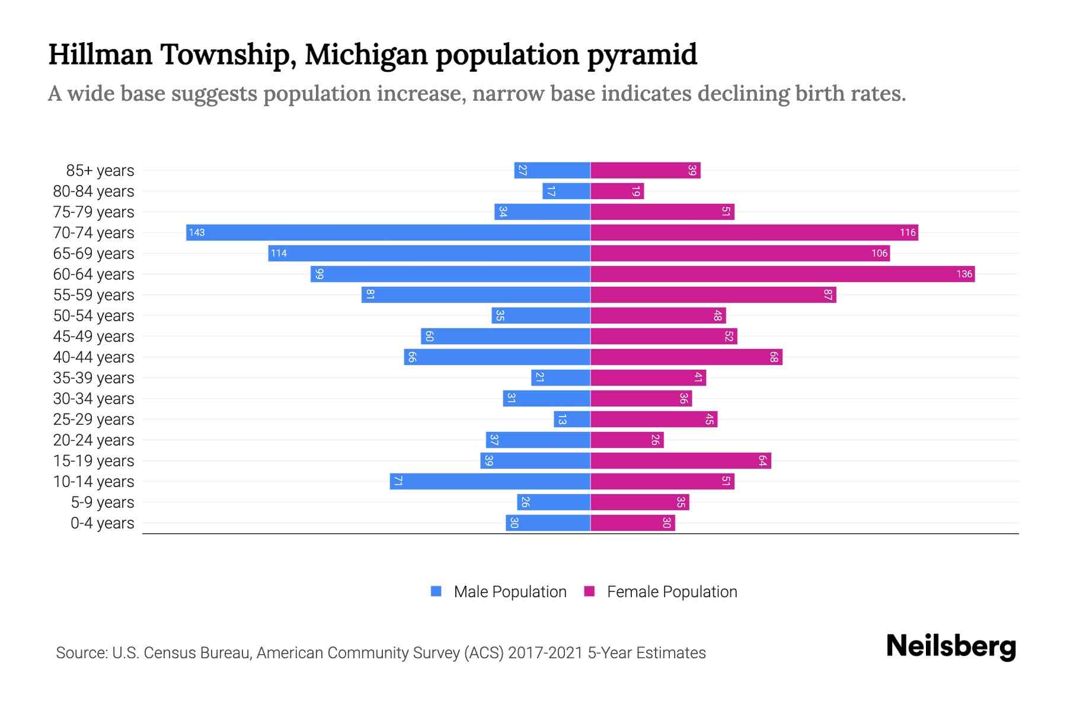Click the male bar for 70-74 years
point(388,232)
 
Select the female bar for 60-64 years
point(782,274)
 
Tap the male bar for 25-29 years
point(572,419)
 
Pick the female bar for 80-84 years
point(617,191)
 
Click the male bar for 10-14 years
point(490,481)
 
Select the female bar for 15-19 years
point(681,460)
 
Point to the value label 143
point(197,233)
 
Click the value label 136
point(964,274)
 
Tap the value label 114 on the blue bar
point(279,254)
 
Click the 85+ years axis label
point(100,171)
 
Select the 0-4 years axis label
point(103,523)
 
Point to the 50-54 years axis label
point(94,316)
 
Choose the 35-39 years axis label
point(94,378)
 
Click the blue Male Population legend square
point(436,591)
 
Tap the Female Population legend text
point(672,592)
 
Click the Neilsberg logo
point(951,646)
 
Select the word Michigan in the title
point(366,55)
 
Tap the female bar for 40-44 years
point(686,357)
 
